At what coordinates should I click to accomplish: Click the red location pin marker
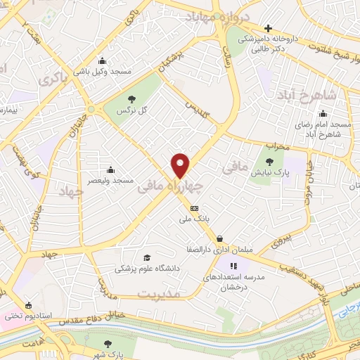point(181,165)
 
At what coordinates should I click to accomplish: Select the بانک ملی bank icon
point(195,208)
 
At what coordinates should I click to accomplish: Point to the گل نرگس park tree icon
point(131,99)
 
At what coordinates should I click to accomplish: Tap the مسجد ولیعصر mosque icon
point(110,169)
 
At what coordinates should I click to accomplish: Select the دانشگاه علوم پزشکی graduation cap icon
point(146,257)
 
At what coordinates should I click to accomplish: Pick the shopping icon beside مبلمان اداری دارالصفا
point(221,238)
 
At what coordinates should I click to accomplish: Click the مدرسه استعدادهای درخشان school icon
point(234,266)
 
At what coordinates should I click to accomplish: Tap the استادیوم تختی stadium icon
point(28,305)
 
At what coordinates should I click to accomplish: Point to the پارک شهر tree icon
point(108,344)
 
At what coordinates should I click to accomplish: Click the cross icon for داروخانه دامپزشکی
point(268,28)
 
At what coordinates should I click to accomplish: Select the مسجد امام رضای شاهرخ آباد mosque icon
point(323,113)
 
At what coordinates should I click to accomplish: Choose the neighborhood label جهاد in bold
point(71,191)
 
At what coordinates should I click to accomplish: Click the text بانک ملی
point(195,219)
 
